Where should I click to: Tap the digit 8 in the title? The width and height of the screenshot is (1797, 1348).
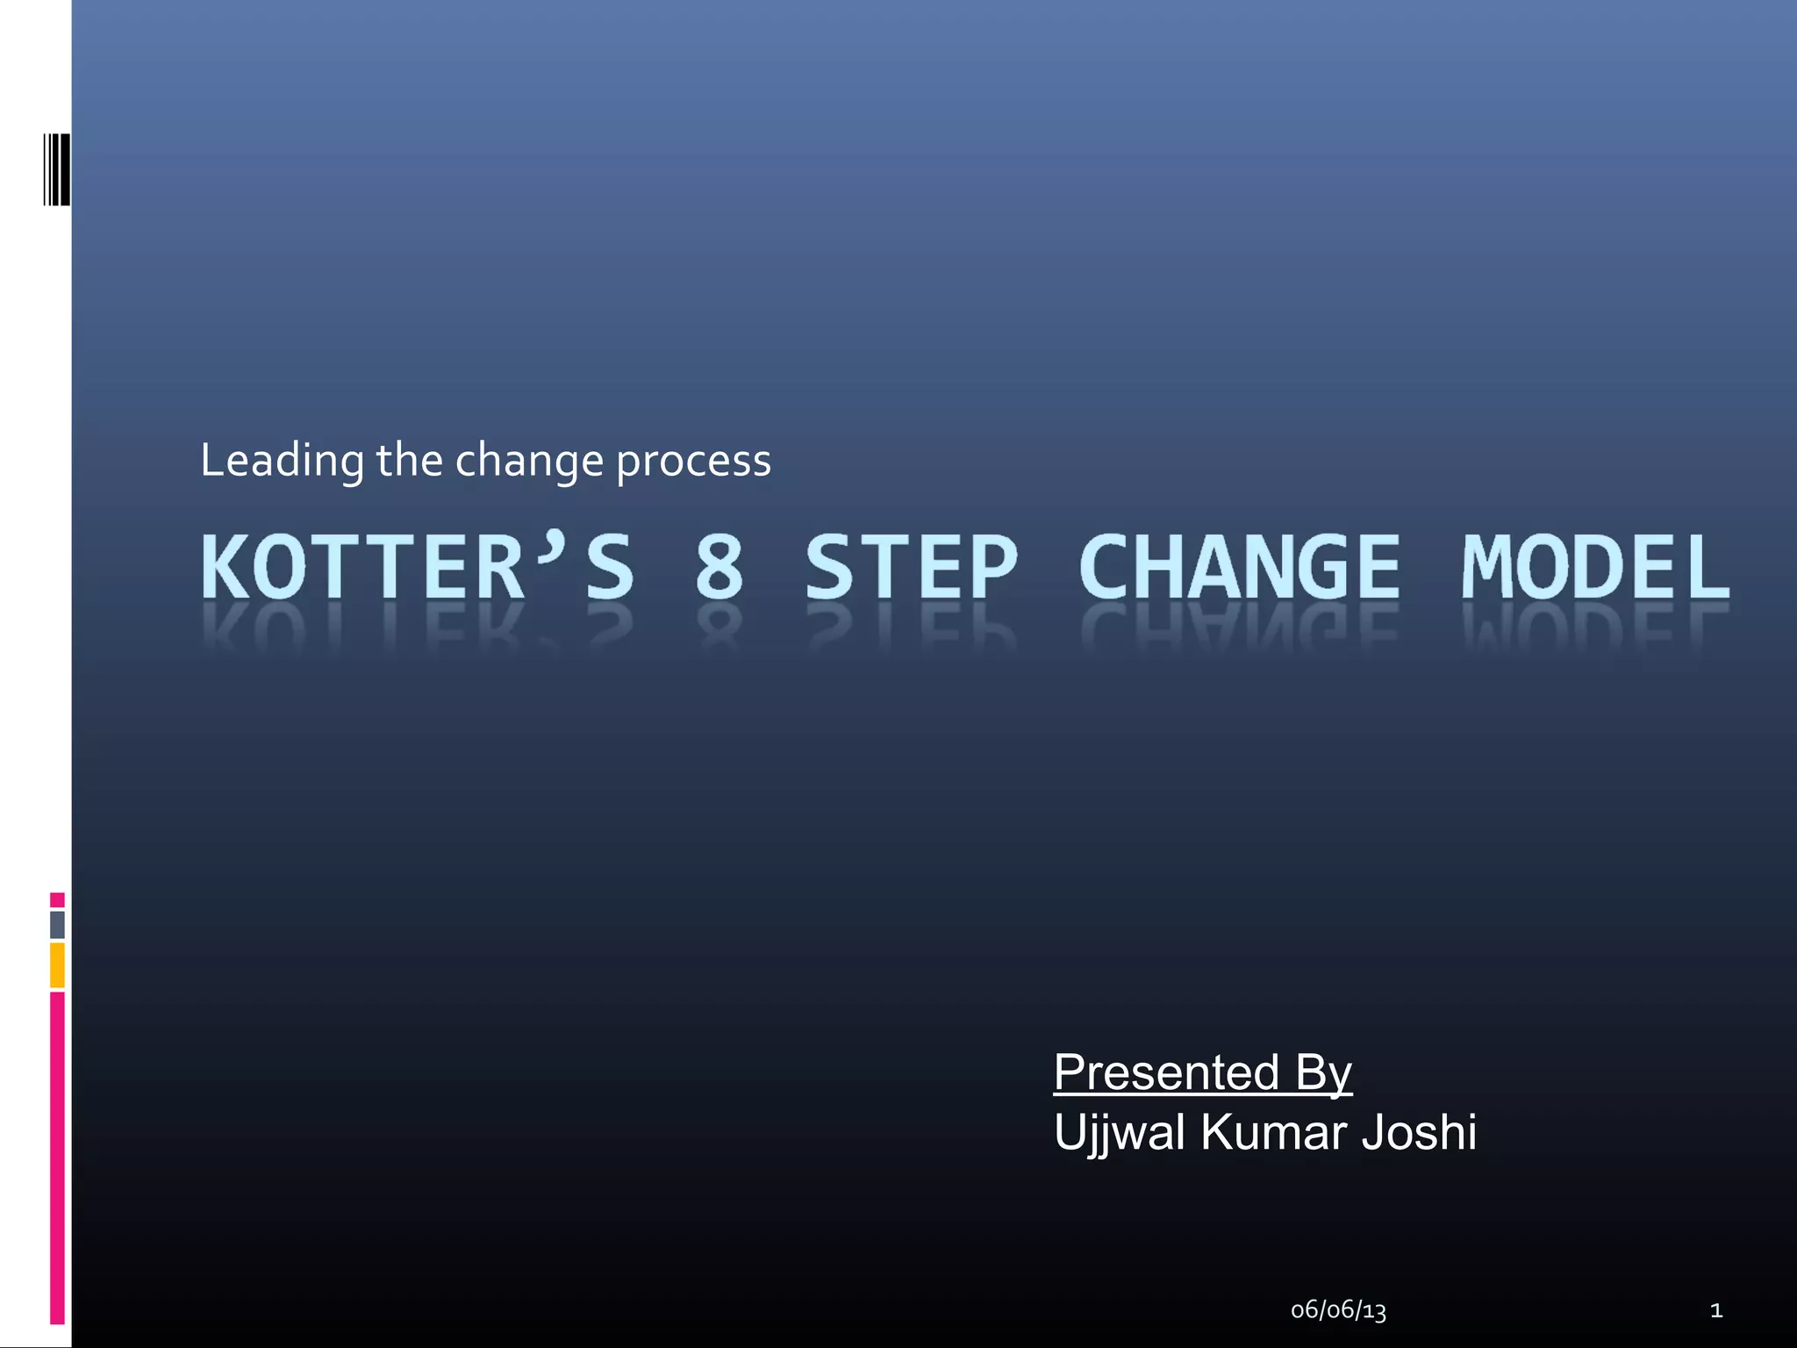720,567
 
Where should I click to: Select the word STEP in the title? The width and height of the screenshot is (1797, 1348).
911,567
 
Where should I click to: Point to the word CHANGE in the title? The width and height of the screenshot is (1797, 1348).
1239,567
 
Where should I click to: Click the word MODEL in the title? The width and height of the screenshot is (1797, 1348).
1595,567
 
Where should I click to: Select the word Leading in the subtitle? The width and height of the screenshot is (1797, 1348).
282,462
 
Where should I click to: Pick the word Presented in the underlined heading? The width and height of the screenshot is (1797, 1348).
1166,1072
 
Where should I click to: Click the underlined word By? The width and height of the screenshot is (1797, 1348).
1323,1073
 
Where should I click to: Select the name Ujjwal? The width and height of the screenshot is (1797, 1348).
1119,1133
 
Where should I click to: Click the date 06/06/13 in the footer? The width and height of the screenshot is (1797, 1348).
1338,1311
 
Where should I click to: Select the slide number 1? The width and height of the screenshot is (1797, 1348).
1716,1311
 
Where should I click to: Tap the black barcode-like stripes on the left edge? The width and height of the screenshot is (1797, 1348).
57,169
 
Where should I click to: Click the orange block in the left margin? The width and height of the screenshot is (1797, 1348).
57,965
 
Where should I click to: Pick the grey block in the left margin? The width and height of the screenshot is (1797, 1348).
57,924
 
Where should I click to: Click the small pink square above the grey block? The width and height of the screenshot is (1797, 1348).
57,900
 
